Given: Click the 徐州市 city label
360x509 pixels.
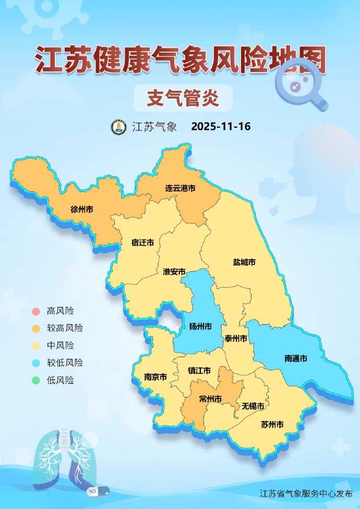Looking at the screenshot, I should point(82,210).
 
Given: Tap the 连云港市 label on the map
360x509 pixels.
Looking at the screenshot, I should point(180,188).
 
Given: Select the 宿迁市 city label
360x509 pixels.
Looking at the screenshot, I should point(142,243).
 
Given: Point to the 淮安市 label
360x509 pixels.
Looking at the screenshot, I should point(174,272).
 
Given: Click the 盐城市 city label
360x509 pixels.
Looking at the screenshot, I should point(244,262).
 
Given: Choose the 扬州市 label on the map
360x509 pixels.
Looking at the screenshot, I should point(200,327).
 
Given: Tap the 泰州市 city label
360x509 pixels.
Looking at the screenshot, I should point(236,338).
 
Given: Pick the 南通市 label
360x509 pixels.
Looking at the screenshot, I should point(295,358).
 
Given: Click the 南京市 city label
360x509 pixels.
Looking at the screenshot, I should point(155,377).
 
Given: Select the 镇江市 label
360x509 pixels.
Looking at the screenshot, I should point(199,371).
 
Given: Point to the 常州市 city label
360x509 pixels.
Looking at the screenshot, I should point(210,399).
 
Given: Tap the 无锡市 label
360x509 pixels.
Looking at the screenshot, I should point(253,406).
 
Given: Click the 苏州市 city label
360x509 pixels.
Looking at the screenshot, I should point(272,425).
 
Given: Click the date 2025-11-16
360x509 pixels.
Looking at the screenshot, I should point(221,127).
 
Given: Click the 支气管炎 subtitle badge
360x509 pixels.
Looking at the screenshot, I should point(183,98).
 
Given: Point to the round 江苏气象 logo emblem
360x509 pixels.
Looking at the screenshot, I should point(119,127).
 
